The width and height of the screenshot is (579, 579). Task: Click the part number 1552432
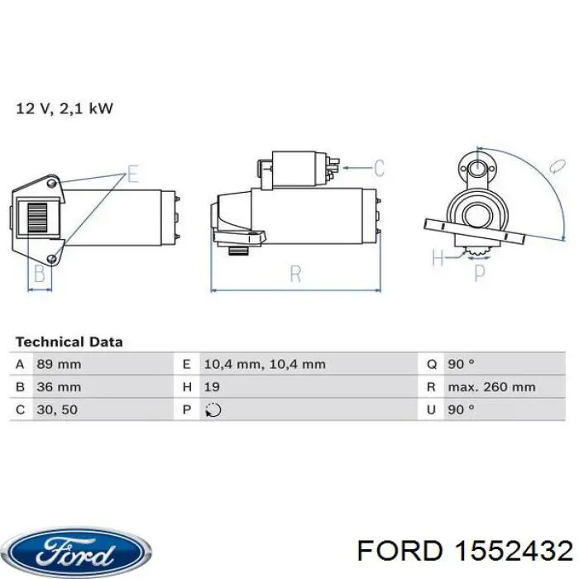pyautogui.click(x=513, y=551)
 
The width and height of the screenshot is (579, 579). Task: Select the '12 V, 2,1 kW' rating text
pyautogui.click(x=65, y=108)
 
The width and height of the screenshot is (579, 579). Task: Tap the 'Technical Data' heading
pyautogui.click(x=69, y=342)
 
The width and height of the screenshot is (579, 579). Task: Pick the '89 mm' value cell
pyautogui.click(x=59, y=365)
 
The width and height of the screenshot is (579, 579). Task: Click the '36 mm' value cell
pyautogui.click(x=59, y=387)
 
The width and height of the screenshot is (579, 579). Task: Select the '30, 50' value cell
pyautogui.click(x=57, y=409)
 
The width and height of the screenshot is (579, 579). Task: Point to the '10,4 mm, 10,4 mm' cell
pyautogui.click(x=265, y=365)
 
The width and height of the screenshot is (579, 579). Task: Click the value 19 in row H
pyautogui.click(x=212, y=387)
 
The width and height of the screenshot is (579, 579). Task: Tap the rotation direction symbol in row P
pyautogui.click(x=213, y=410)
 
